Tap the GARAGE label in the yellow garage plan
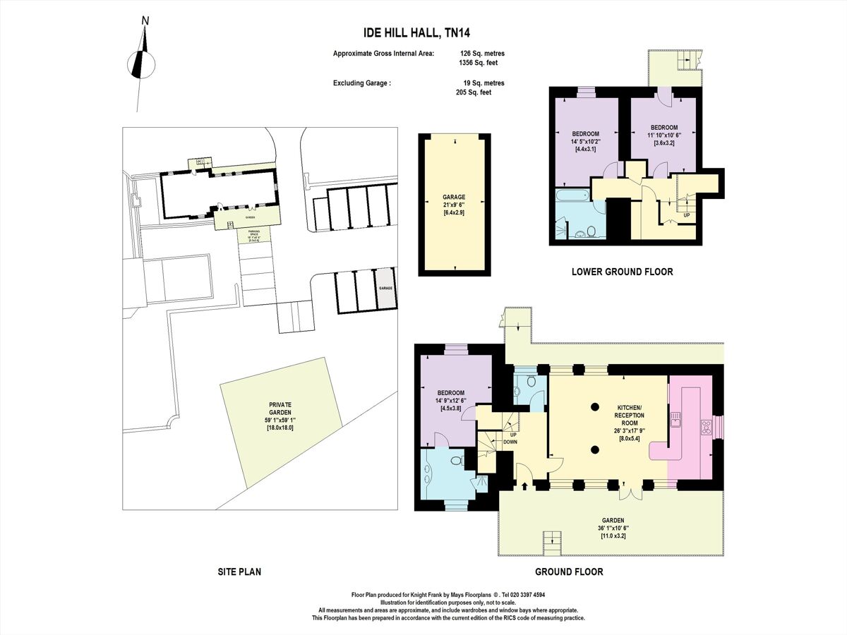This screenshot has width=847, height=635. tap(454, 198)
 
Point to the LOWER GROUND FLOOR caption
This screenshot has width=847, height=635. tap(622, 271)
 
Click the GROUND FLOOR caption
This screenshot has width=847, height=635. tap(568, 571)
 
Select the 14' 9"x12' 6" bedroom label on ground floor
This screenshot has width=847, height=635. tap(450, 400)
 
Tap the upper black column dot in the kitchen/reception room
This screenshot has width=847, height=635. tap(595, 406)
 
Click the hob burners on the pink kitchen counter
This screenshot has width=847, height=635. tap(705, 427)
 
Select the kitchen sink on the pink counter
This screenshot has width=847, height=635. tap(675, 420)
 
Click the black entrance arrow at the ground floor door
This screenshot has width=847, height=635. tap(524, 485)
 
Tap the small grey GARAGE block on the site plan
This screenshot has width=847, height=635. tap(385, 289)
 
